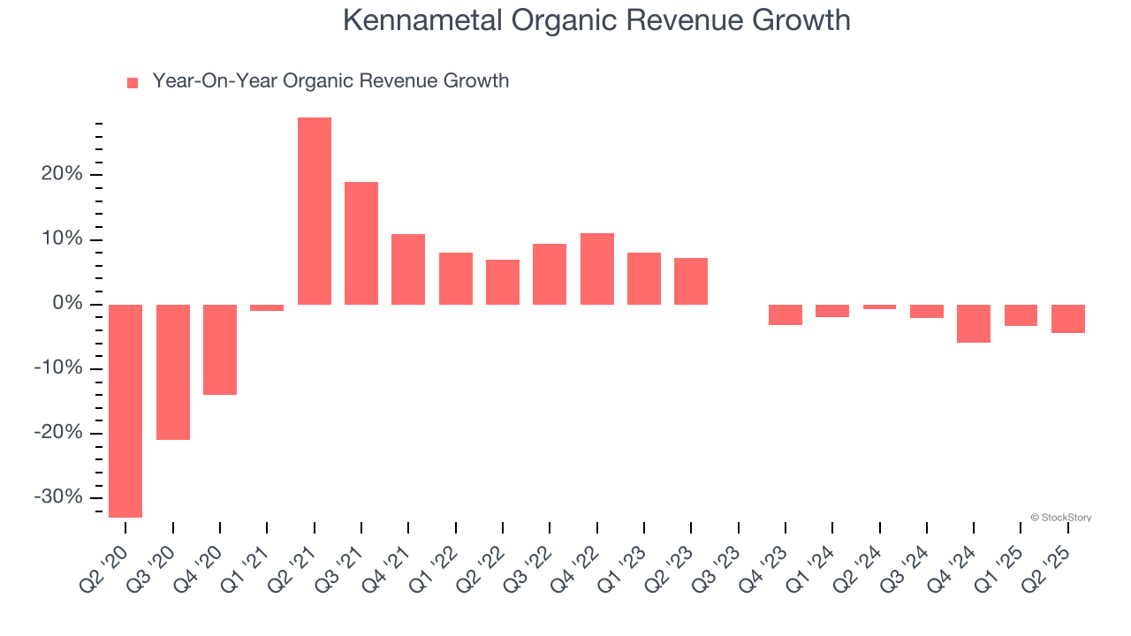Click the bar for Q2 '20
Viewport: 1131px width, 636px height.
point(125,411)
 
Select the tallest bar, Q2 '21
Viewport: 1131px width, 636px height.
point(315,211)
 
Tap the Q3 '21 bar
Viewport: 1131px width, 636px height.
point(361,243)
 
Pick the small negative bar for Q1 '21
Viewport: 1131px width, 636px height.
point(267,307)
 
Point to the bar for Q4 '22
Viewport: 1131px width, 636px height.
point(597,269)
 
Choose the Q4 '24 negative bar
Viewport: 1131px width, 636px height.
point(974,323)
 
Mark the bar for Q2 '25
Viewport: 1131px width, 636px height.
point(1068,319)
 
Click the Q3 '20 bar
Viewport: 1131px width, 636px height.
point(173,372)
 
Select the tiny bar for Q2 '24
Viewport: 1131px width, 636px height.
point(879,307)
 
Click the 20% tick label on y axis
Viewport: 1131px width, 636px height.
point(62,175)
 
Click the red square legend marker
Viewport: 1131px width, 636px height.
point(133,83)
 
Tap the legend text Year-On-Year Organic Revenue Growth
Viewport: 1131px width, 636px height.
point(330,81)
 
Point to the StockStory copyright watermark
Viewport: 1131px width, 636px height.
point(1060,518)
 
